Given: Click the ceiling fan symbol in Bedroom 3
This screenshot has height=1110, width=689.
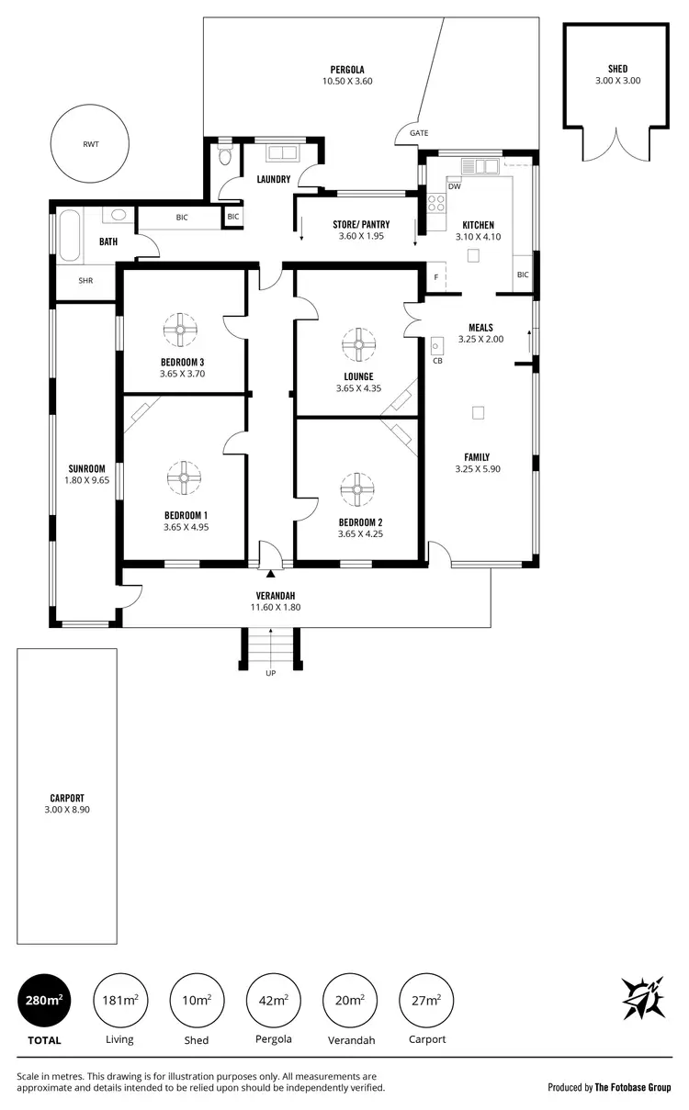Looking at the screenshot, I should tap(180, 328).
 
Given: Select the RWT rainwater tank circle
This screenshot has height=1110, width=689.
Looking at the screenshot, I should tap(89, 144).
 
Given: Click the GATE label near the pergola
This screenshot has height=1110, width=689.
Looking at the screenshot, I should tap(419, 133).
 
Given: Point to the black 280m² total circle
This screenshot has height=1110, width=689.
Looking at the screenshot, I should tap(44, 999).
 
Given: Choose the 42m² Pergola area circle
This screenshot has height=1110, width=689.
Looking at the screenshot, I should tap(273, 999).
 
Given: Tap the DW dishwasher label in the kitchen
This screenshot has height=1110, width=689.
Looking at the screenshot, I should tap(454, 186).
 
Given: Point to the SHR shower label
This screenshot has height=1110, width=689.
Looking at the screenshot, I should tap(85, 280).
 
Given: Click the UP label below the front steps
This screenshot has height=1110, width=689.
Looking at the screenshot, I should tap(270, 673).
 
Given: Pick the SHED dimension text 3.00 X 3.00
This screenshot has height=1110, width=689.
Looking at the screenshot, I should tap(617, 81).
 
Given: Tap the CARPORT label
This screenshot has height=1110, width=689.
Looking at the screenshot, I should tap(67, 798).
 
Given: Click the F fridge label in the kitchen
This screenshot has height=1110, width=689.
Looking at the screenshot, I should tap(435, 277).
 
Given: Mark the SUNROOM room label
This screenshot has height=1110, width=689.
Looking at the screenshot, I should tap(87, 468).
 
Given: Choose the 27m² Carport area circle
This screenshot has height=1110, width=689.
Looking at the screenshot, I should tap(426, 999).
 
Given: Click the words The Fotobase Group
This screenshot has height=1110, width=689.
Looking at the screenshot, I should tap(633, 1087).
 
